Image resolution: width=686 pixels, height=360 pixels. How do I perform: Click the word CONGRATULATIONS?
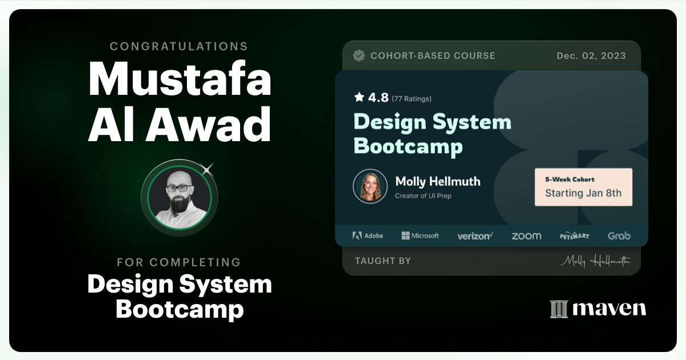tap(179, 46)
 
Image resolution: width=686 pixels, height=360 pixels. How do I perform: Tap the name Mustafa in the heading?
tap(180, 79)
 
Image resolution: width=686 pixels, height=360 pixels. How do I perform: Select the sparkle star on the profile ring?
tap(208, 168)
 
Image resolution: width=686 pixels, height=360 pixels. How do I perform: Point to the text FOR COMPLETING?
tap(179, 263)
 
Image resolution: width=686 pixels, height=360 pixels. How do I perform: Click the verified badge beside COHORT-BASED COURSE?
tap(359, 55)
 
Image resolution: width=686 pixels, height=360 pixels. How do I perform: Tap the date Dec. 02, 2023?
tap(591, 56)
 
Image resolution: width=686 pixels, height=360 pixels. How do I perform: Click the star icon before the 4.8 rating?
tap(359, 97)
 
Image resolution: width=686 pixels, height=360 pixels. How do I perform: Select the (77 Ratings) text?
tap(412, 99)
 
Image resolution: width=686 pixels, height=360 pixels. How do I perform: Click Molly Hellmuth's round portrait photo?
tap(370, 186)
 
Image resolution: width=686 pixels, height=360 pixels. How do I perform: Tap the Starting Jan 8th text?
tap(583, 193)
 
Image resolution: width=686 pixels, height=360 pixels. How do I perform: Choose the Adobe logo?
tap(368, 235)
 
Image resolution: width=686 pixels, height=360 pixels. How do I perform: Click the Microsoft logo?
tap(420, 235)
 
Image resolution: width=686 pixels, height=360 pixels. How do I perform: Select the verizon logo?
tap(475, 235)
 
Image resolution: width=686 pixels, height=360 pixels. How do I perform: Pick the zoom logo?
tap(526, 235)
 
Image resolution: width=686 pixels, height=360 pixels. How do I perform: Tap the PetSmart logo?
tap(575, 235)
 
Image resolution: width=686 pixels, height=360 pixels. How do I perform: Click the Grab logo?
tap(619, 235)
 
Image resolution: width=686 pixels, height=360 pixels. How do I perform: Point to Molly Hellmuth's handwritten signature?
tap(595, 261)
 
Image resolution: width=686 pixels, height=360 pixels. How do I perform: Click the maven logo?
tap(598, 309)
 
